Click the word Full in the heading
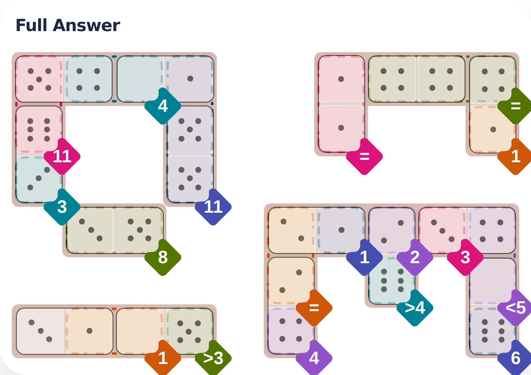click(x=31, y=25)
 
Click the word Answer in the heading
click(x=86, y=25)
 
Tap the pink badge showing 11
click(x=62, y=156)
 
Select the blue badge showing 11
click(x=213, y=207)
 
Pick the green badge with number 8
click(x=163, y=257)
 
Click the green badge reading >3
click(x=213, y=358)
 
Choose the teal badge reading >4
click(x=415, y=308)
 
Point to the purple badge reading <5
click(x=515, y=308)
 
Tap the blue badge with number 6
click(x=515, y=358)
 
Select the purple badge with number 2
click(x=415, y=257)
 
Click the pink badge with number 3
click(x=465, y=257)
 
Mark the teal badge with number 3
click(x=62, y=207)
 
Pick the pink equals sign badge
click(x=364, y=156)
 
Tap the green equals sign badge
click(x=515, y=106)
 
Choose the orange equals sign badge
click(x=314, y=308)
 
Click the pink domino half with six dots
click(x=39, y=129)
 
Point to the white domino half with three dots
click(x=40, y=331)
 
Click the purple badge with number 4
click(x=314, y=358)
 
